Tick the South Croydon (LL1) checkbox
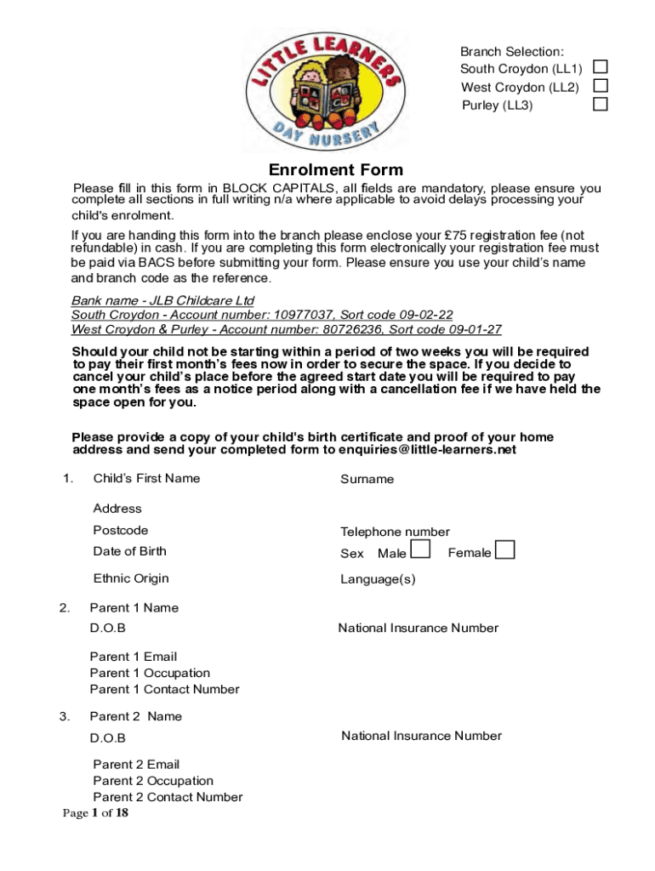click(601, 67)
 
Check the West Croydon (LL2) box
click(601, 86)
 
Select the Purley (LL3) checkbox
click(601, 105)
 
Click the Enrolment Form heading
click(336, 170)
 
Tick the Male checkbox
click(419, 550)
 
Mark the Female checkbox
click(505, 550)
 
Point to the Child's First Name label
click(146, 478)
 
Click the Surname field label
click(367, 479)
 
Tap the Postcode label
click(120, 530)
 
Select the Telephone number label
click(395, 532)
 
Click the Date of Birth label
click(129, 551)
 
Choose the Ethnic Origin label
click(131, 578)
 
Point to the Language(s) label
click(378, 579)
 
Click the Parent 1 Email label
click(133, 657)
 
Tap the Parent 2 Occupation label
click(153, 781)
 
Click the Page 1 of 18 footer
click(95, 814)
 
